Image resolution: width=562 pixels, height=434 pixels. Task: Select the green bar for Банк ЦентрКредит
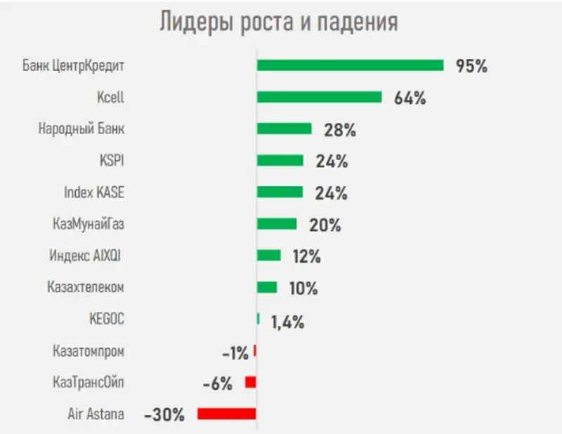tap(350, 65)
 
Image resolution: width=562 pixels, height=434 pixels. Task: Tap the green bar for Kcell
tap(319, 97)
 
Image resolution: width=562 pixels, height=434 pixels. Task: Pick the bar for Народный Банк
tap(284, 129)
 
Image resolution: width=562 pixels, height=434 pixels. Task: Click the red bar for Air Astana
tap(227, 414)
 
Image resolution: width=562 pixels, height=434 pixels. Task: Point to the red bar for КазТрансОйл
tap(251, 382)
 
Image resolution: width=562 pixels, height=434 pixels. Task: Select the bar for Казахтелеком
tap(267, 287)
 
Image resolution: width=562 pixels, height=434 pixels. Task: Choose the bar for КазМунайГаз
tap(277, 224)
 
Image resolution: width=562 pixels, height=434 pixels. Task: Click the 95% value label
tap(471, 66)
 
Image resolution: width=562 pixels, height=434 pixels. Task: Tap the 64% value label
tap(410, 98)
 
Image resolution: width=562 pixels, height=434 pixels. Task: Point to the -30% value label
tap(164, 415)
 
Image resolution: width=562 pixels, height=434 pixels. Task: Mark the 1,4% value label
tap(287, 322)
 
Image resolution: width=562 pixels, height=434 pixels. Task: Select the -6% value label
tap(217, 383)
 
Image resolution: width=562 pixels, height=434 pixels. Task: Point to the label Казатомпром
tap(89, 350)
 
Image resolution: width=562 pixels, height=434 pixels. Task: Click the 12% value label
tap(306, 256)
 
